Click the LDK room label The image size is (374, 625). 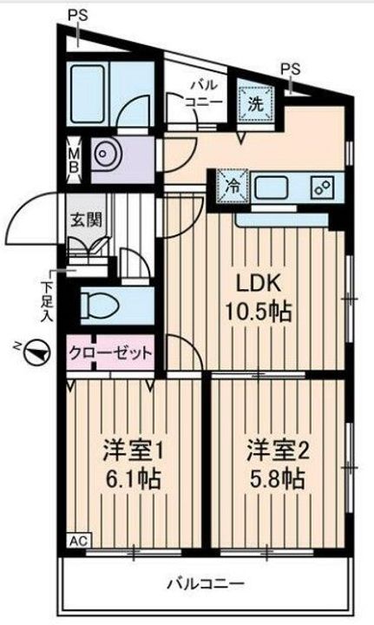tap(259, 283)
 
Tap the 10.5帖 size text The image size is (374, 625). tap(259, 312)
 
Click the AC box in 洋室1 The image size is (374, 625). tap(79, 541)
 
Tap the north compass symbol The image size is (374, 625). tap(36, 352)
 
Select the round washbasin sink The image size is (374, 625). tap(103, 154)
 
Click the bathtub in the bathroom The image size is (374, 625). tap(88, 94)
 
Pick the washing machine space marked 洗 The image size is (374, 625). tap(256, 103)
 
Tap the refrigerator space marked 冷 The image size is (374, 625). tap(233, 187)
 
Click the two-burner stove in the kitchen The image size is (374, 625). tap(324, 187)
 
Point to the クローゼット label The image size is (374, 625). tap(111, 353)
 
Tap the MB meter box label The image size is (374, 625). tap(74, 160)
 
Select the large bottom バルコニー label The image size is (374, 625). tap(205, 584)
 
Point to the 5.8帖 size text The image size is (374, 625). tap(278, 479)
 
